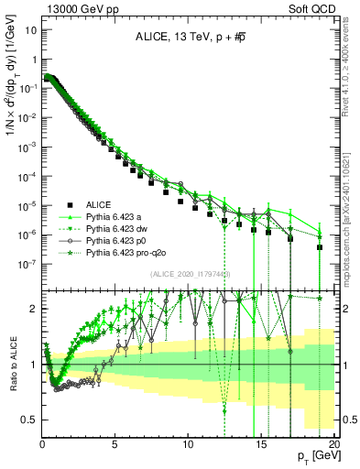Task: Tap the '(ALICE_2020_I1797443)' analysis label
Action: click(x=191, y=273)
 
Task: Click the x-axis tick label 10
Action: click(x=188, y=442)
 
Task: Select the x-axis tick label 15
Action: click(x=261, y=442)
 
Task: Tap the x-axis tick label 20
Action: click(x=333, y=442)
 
